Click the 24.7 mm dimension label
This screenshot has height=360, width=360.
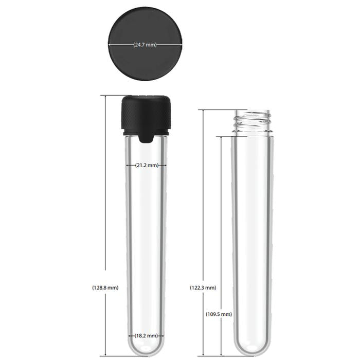pyautogui.click(x=145, y=45)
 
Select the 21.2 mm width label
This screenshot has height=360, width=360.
pyautogui.click(x=147, y=166)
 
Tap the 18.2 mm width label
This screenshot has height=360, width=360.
pyautogui.click(x=147, y=335)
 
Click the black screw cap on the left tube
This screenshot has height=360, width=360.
pyautogui.click(x=146, y=114)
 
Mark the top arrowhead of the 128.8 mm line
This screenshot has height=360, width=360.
pyautogui.click(x=105, y=97)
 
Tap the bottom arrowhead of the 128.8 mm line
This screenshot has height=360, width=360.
pyautogui.click(x=105, y=355)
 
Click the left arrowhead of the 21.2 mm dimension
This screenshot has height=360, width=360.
pyautogui.click(x=128, y=166)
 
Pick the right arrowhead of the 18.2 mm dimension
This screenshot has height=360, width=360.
pyautogui.click(x=165, y=335)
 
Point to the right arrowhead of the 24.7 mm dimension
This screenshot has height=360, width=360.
pyautogui.click(x=182, y=45)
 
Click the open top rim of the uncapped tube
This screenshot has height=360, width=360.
pyautogui.click(x=251, y=111)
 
